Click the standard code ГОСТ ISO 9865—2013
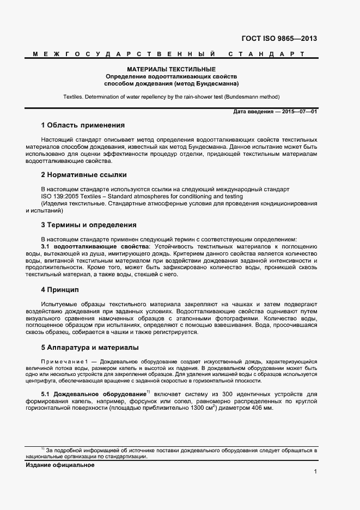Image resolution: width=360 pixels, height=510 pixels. [278, 39]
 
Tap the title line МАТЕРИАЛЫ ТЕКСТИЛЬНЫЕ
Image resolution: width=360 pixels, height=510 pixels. [172, 70]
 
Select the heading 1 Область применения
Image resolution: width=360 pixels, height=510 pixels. [83, 125]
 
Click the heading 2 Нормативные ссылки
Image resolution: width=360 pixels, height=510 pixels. [84, 175]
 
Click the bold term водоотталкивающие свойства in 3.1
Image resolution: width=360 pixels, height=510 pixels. [95, 247]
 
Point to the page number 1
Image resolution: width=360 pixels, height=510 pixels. [315, 471]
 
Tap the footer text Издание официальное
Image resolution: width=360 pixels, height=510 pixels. [60, 465]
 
